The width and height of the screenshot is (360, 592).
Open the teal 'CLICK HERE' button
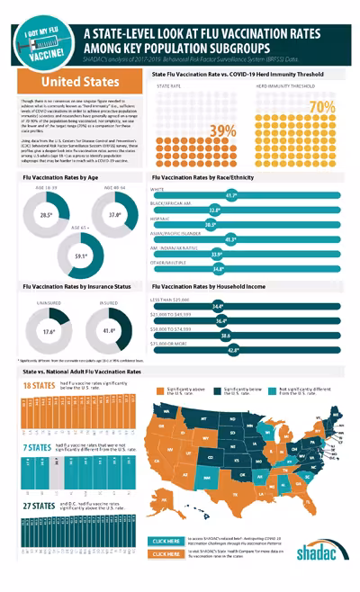tap(167, 542)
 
